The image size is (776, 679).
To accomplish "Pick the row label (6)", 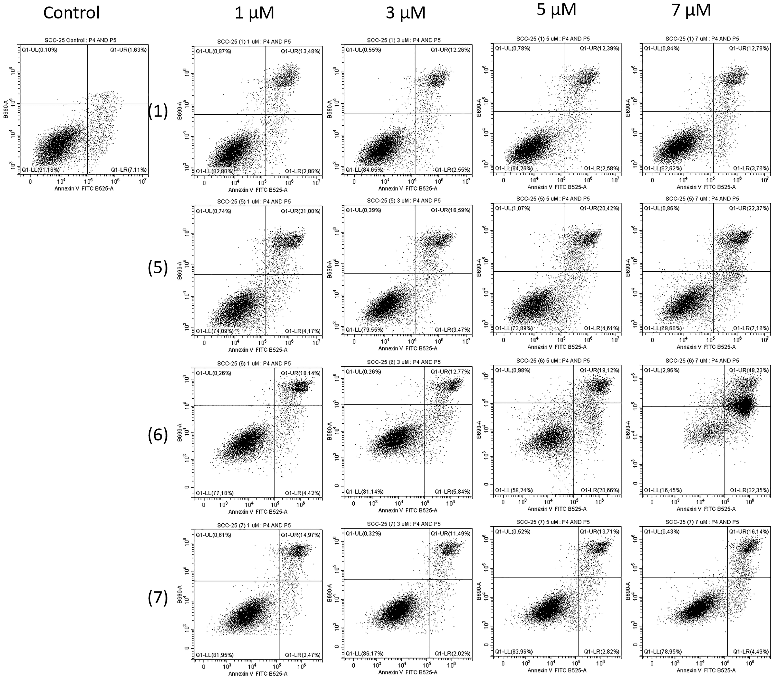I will pos(158,435).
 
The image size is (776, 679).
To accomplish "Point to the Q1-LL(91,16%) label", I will pos(39,170).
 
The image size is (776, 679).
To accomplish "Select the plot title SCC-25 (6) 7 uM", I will pos(702,361).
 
